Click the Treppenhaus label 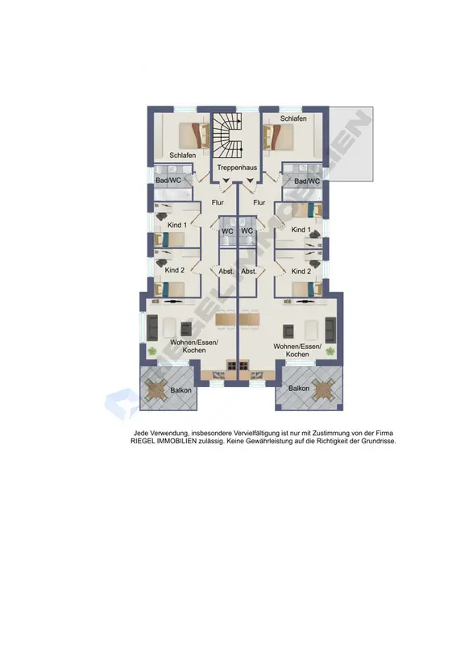coord(237,168)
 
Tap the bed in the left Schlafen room coord(194,136)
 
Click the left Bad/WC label coord(168,181)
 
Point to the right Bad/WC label coord(307,181)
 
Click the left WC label coord(227,231)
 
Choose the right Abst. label coord(249,272)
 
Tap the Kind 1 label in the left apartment coord(177,225)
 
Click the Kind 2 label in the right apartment coord(301,272)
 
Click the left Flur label coord(218,202)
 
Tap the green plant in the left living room coord(151,351)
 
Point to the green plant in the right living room coord(330,351)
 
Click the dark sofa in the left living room coord(152,328)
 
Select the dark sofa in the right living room coord(330,330)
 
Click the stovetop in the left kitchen coord(231,365)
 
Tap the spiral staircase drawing coord(227,135)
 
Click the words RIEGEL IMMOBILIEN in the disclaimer coord(164,441)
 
